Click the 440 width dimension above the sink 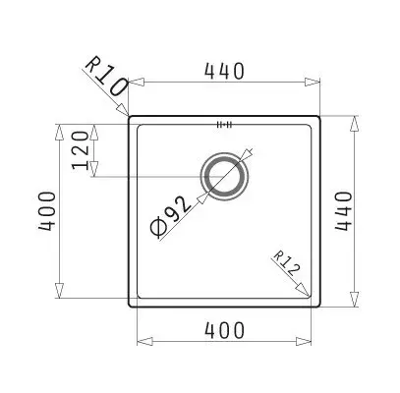(x=224, y=71)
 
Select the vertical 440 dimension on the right (x=343, y=211)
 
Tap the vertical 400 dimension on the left (x=47, y=211)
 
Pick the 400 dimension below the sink (x=224, y=330)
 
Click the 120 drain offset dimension (x=81, y=150)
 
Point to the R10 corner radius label (x=106, y=77)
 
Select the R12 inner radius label (x=286, y=264)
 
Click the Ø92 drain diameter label (x=170, y=216)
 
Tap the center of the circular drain (x=224, y=177)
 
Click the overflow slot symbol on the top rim (x=224, y=125)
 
